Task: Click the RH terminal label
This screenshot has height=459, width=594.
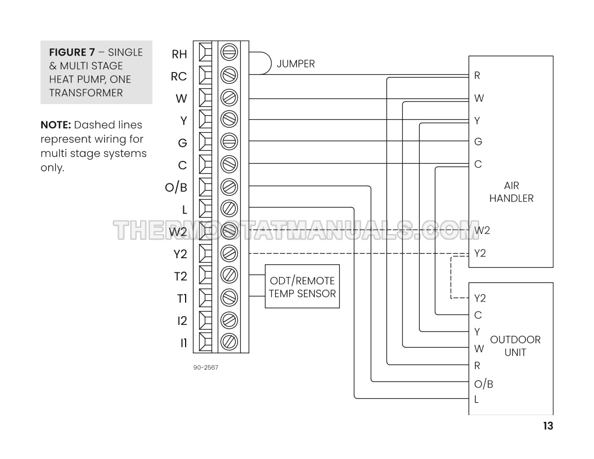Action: pyautogui.click(x=179, y=54)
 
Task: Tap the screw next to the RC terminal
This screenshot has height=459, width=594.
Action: pyautogui.click(x=229, y=75)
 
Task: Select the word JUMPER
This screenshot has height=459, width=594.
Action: pyautogui.click(x=295, y=64)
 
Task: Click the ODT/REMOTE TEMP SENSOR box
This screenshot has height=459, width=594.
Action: pyautogui.click(x=302, y=286)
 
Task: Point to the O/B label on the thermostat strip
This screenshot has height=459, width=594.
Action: pyautogui.click(x=176, y=187)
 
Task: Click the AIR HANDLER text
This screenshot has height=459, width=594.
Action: pyautogui.click(x=511, y=192)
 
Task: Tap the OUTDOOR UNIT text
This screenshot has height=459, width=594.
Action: pyautogui.click(x=515, y=345)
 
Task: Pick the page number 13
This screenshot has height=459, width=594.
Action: pyautogui.click(x=547, y=426)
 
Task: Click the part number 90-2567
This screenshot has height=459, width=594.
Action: pyautogui.click(x=205, y=368)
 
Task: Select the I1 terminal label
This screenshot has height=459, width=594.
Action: pyautogui.click(x=183, y=343)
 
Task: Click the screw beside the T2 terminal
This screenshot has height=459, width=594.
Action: pyautogui.click(x=229, y=276)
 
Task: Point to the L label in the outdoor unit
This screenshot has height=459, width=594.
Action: pyautogui.click(x=476, y=400)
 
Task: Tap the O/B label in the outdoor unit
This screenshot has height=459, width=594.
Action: pyautogui.click(x=484, y=384)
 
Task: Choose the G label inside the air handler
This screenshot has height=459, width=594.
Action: pyautogui.click(x=478, y=142)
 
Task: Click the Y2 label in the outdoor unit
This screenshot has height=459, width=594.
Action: pyautogui.click(x=480, y=298)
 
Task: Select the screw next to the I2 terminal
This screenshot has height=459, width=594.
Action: pyautogui.click(x=229, y=319)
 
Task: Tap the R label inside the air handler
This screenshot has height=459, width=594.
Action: pyautogui.click(x=477, y=75)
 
